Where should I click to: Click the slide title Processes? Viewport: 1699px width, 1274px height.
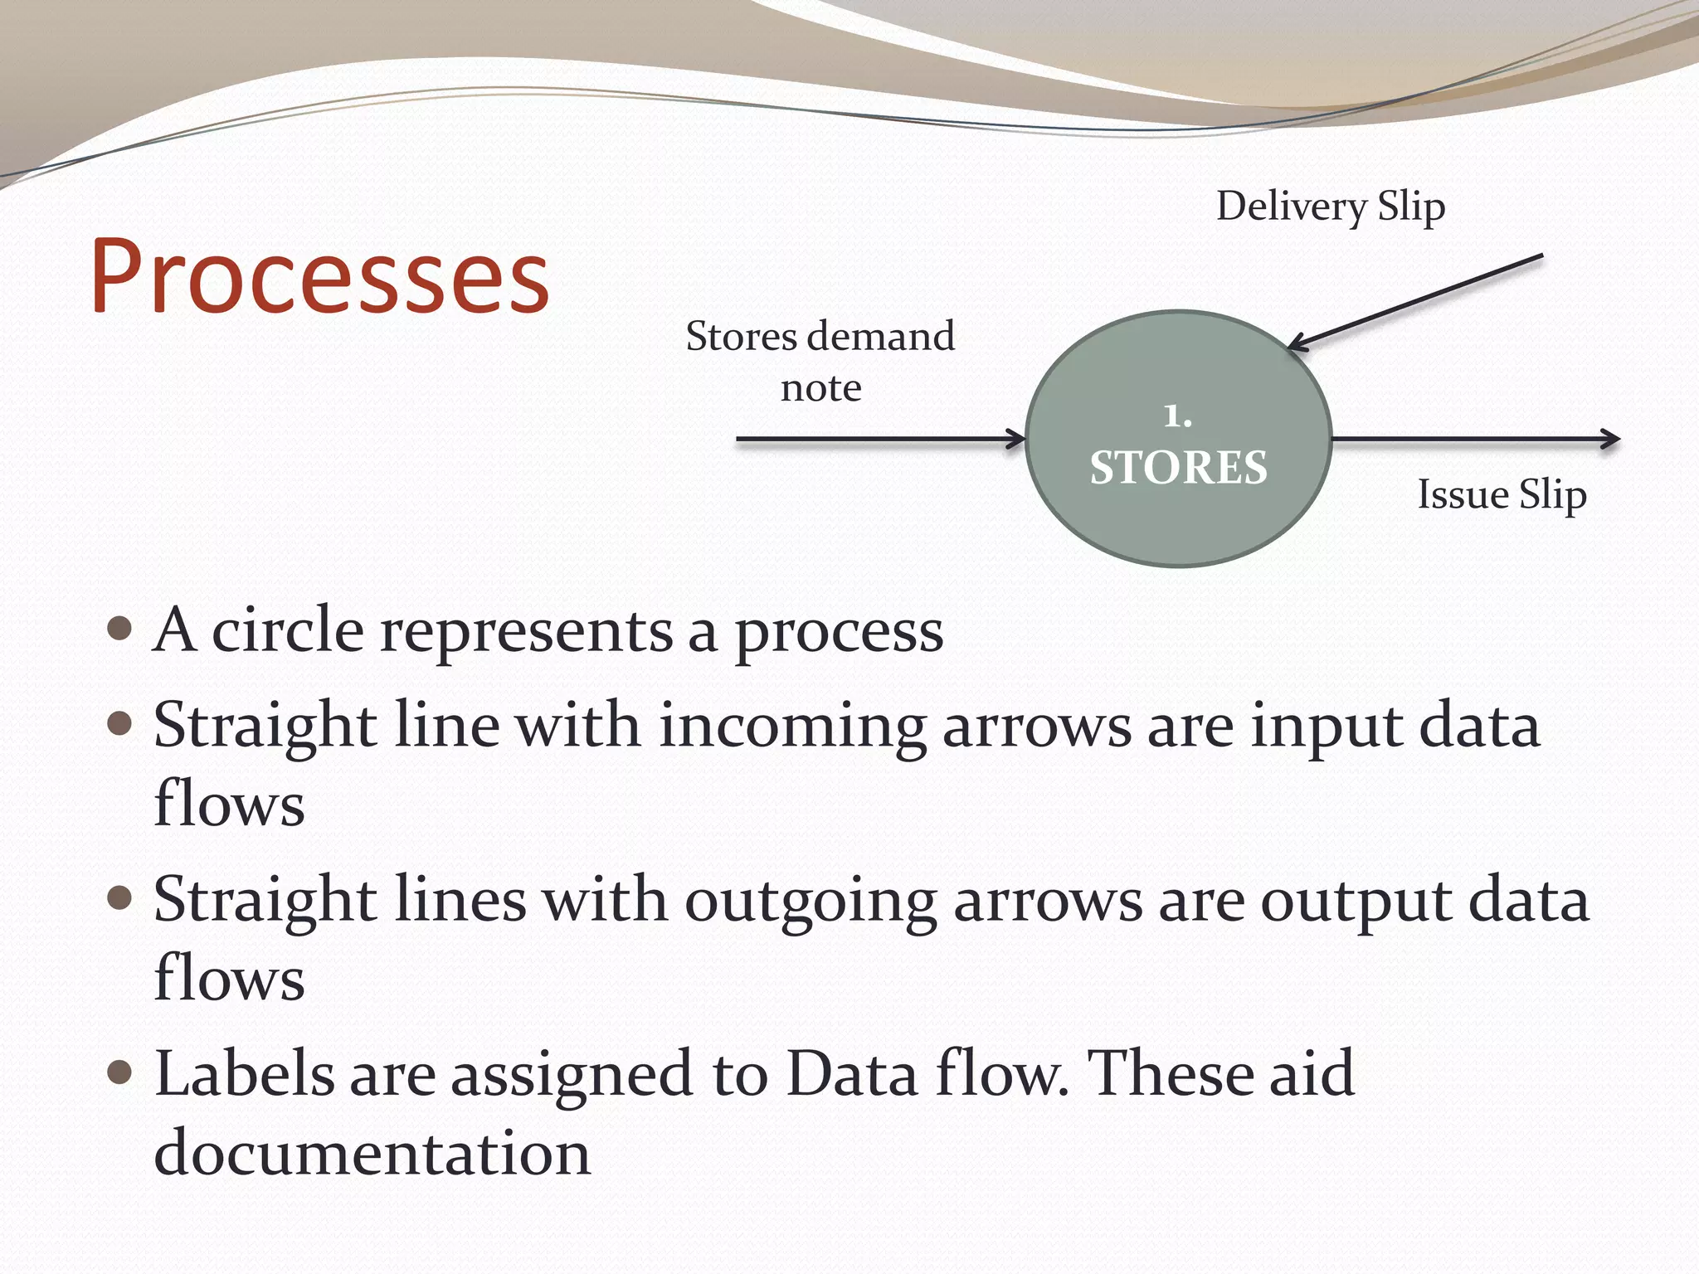pyautogui.click(x=319, y=276)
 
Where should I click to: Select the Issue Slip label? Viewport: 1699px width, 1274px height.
pyautogui.click(x=1502, y=494)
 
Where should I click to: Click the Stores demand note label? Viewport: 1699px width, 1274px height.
pyautogui.click(x=820, y=361)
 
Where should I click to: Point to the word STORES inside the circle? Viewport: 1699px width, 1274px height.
pyautogui.click(x=1178, y=467)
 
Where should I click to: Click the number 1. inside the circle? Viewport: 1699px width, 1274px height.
pyautogui.click(x=1177, y=416)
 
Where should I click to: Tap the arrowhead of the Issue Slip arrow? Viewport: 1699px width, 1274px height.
pyautogui.click(x=1612, y=439)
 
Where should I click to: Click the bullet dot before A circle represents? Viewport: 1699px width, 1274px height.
pyautogui.click(x=120, y=629)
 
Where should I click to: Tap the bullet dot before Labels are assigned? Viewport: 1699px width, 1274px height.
pyautogui.click(x=120, y=1072)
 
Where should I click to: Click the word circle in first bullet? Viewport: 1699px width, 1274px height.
pyautogui.click(x=287, y=630)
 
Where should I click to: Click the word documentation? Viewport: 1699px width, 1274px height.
pyautogui.click(x=372, y=1153)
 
